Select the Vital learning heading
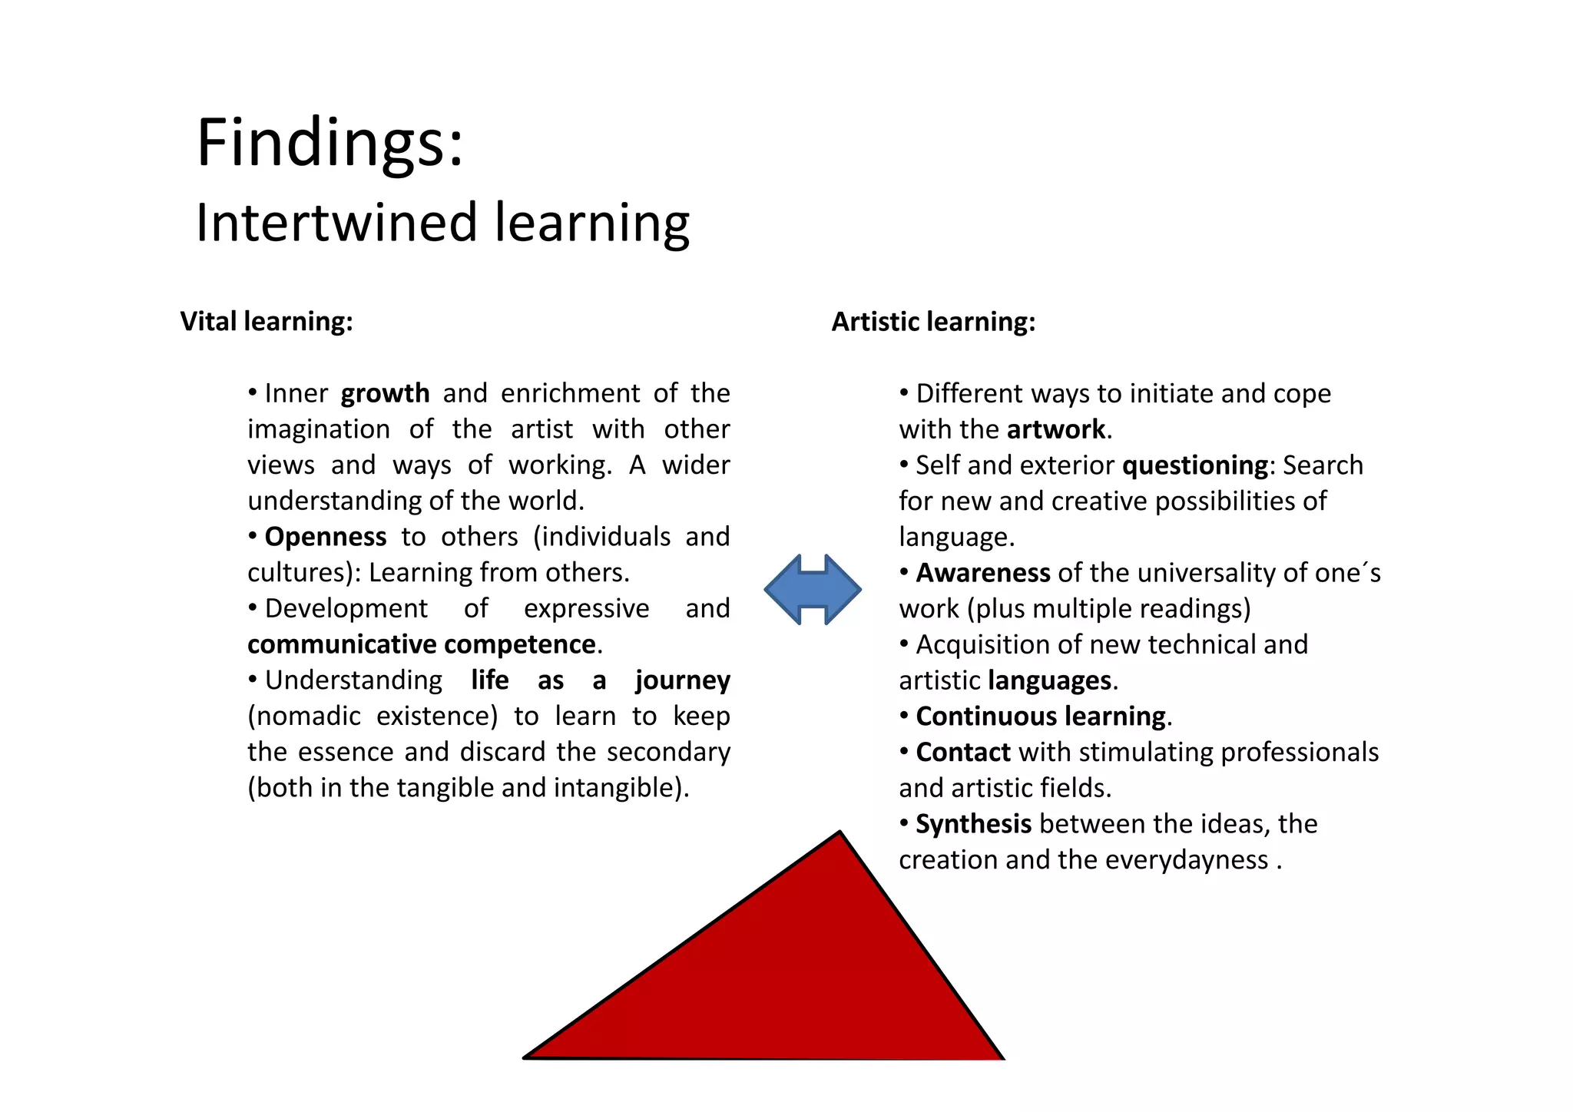(267, 321)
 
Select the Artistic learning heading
(933, 321)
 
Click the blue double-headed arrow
(813, 589)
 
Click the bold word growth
(385, 393)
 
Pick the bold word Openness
(325, 537)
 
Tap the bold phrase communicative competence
(422, 644)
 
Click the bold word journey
(682, 680)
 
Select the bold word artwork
(1056, 429)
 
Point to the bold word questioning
(1194, 465)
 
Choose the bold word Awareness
(982, 573)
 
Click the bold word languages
(1049, 680)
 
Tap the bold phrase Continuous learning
(1041, 717)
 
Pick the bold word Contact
(963, 753)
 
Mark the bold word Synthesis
(973, 824)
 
